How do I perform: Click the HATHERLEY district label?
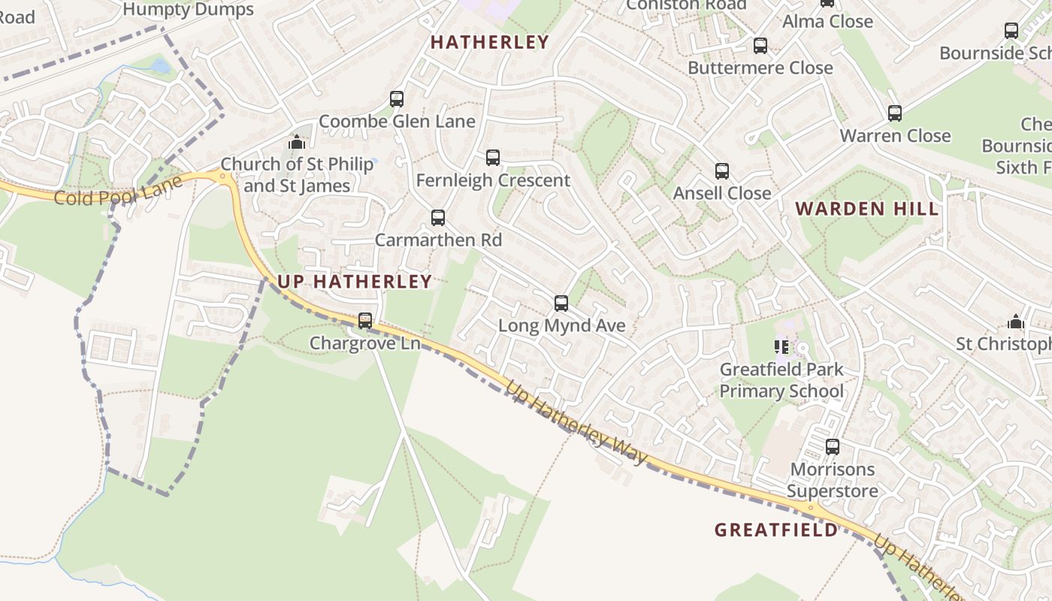489,43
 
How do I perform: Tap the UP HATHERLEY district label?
355,282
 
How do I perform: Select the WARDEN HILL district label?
867,209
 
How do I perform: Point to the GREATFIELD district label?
775,530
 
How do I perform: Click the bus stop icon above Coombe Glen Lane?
396,99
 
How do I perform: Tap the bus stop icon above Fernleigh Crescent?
493,158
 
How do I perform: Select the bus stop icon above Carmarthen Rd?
438,218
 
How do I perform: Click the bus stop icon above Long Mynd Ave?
561,304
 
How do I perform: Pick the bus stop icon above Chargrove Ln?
365,321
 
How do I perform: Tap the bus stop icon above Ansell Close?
722,171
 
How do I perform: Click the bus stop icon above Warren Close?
895,113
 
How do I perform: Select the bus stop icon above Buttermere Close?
760,46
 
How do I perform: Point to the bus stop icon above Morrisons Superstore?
833,447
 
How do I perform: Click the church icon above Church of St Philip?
296,142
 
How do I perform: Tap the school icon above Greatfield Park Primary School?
781,347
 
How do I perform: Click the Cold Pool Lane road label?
118,192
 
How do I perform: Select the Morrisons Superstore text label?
833,481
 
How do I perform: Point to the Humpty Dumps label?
188,9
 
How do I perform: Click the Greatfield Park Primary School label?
781,380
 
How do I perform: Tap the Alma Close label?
827,22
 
